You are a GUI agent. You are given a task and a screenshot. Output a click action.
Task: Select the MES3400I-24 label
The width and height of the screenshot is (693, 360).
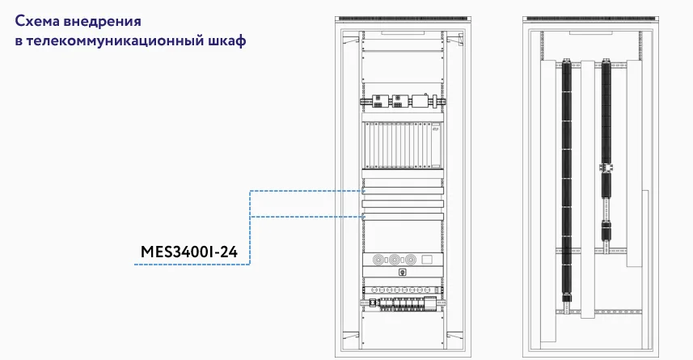point(189,252)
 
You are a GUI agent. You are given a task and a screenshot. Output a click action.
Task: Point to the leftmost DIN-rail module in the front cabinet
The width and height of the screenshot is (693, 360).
point(378,101)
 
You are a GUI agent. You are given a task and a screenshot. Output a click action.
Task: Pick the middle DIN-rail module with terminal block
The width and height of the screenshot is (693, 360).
point(398,101)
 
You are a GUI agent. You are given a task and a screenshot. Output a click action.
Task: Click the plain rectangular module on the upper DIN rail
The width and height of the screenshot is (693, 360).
point(420,101)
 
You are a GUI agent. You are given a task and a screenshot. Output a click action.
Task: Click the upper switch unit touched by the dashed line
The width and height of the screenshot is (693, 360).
point(402,191)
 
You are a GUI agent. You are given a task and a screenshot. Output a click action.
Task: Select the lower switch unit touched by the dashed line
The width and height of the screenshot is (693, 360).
point(402,217)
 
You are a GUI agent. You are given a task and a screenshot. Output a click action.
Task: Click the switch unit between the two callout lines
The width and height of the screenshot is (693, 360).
point(402,204)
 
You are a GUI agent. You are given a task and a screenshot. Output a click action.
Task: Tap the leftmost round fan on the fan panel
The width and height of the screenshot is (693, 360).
point(378,259)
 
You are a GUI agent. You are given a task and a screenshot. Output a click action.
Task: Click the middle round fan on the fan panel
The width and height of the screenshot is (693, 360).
point(395,259)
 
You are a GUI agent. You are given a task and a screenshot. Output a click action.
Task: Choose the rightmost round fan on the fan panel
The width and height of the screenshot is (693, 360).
point(411,259)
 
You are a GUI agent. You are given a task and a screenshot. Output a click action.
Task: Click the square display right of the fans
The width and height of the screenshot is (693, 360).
point(426,259)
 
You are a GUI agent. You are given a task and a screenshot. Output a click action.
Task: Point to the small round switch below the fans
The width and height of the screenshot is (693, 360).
point(402,273)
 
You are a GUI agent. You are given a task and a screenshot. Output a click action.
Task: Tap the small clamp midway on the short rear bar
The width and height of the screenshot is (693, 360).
point(606,167)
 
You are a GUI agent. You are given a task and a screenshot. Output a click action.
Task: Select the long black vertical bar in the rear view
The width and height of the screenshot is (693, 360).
point(566,180)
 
